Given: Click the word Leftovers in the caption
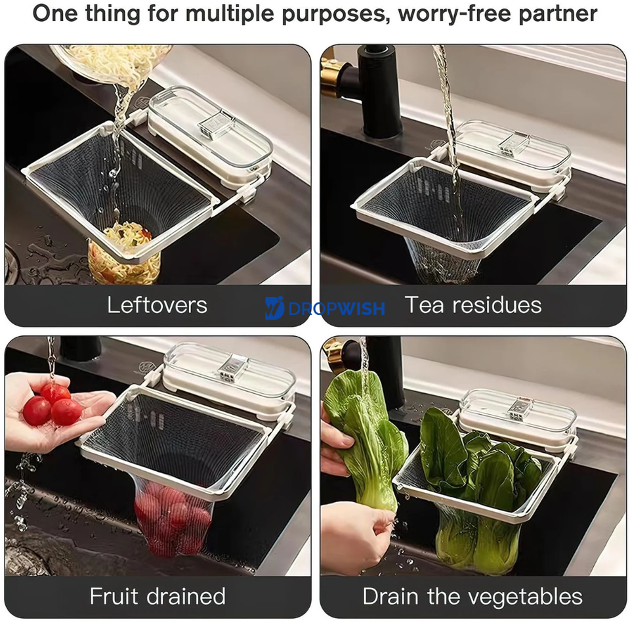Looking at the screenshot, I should (x=157, y=305).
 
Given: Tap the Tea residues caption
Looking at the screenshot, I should (x=472, y=305).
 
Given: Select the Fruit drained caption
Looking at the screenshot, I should (x=157, y=597).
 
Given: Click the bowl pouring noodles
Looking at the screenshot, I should (x=112, y=63).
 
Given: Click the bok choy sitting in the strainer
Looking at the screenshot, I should (x=482, y=486).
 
